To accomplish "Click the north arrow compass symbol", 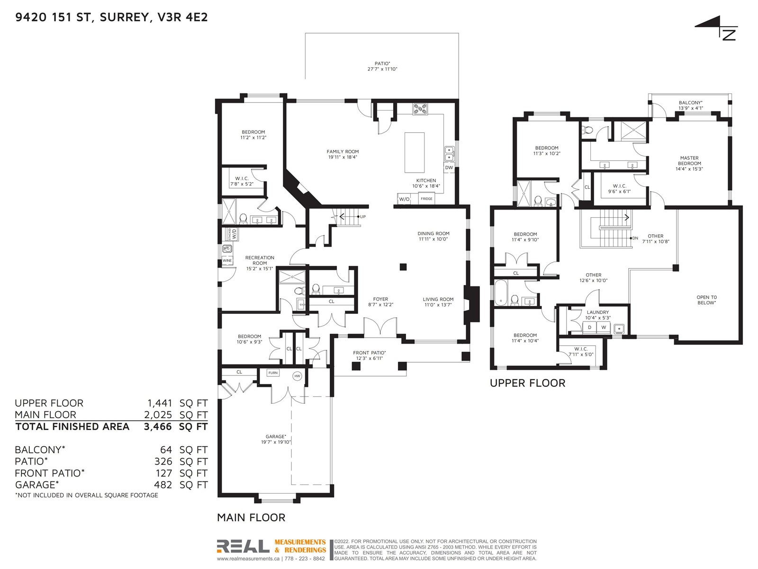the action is [x=718, y=28].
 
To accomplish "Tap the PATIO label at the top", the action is [x=382, y=64].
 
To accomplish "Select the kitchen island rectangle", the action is [x=415, y=152].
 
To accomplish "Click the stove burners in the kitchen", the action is [x=420, y=109].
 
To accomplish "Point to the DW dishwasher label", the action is [x=449, y=167].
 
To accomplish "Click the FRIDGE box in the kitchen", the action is [x=426, y=199].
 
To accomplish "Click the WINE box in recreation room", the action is [x=227, y=260].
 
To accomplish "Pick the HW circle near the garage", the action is [x=298, y=376].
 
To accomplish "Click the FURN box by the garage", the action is [x=273, y=373].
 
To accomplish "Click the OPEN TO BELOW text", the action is [x=706, y=300].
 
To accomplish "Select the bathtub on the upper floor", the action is [x=500, y=293].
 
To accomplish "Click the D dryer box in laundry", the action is [x=589, y=327].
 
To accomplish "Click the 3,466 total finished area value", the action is [x=158, y=427].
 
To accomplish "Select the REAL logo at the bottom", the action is [x=243, y=546].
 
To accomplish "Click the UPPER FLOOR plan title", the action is [x=527, y=383].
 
